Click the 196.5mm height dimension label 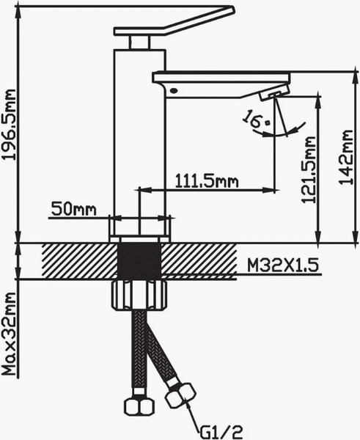pyautogui.click(x=9, y=125)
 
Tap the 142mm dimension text pyautogui.click(x=345, y=157)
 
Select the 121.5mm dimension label pyautogui.click(x=309, y=169)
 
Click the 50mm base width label pyautogui.click(x=74, y=209)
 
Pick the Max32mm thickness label pyautogui.click(x=9, y=334)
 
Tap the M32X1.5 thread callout pyautogui.click(x=283, y=265)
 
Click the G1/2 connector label pyautogui.click(x=221, y=432)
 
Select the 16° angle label pyautogui.click(x=255, y=120)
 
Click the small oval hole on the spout pyautogui.click(x=174, y=90)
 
